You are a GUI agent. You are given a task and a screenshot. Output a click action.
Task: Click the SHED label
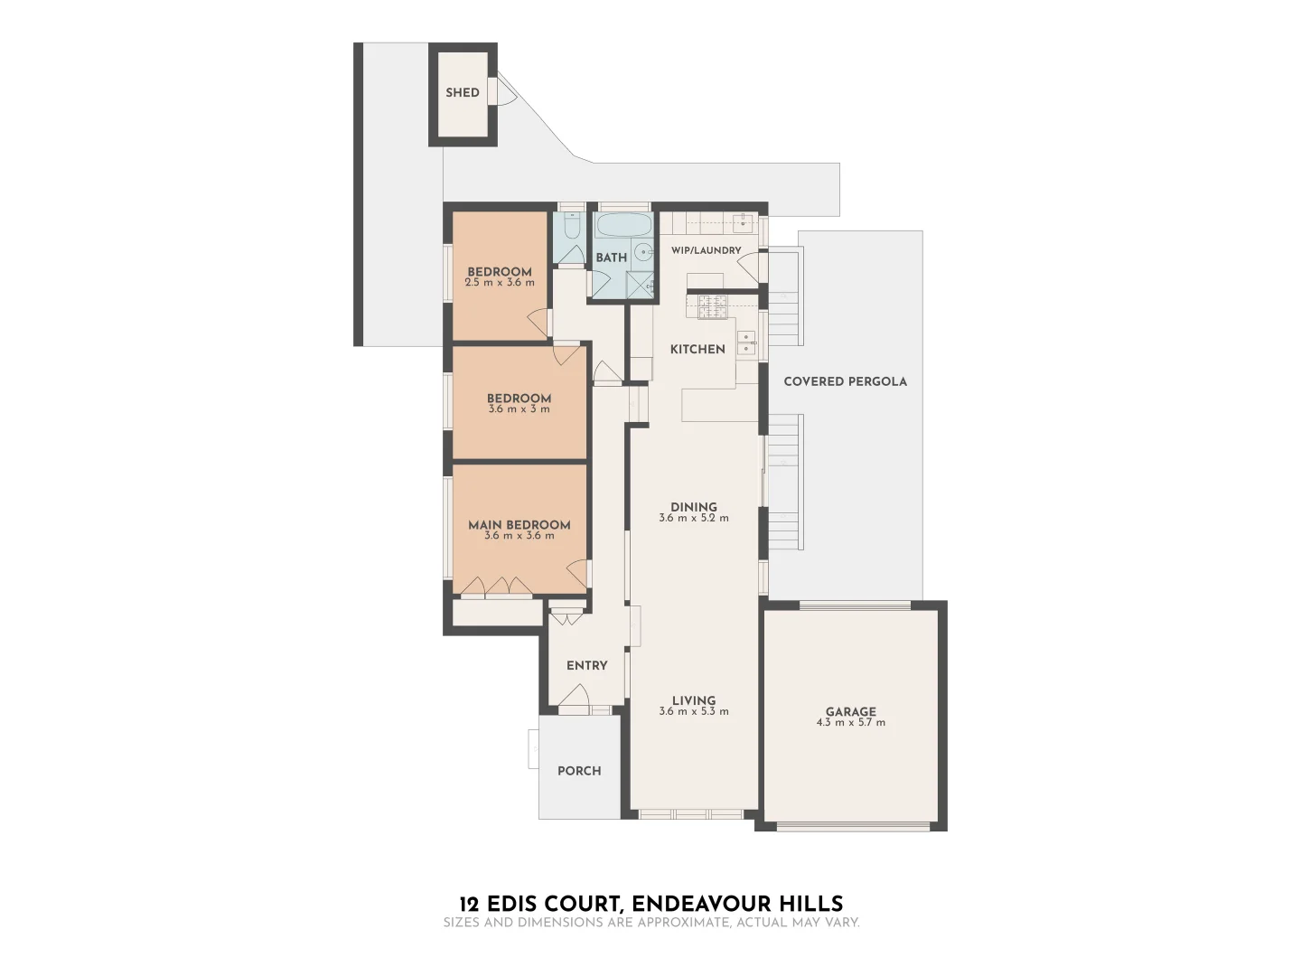point(462,92)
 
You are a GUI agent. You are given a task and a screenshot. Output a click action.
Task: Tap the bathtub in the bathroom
point(622,226)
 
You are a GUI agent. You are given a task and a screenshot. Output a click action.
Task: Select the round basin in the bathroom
point(643,252)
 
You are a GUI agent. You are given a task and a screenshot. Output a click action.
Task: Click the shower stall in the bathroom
point(641,284)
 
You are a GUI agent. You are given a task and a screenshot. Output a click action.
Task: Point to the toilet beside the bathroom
point(570,226)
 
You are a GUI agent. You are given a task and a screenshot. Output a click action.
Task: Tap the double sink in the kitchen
point(746,342)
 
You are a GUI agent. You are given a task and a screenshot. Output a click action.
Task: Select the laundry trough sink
point(743,222)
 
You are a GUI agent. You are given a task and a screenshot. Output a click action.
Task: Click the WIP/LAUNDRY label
point(706,250)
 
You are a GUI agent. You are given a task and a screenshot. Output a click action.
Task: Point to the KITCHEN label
point(697,349)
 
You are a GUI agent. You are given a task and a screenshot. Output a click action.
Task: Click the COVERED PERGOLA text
point(845,381)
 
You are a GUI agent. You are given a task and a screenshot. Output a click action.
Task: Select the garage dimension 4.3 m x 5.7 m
point(850,723)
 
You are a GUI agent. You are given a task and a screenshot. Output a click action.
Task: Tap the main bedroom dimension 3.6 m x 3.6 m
point(519,536)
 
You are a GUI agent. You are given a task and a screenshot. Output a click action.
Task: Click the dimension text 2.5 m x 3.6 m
point(499,283)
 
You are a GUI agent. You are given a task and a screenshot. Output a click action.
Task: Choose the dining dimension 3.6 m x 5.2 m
point(693,519)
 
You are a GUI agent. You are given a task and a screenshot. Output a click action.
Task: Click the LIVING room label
point(693,700)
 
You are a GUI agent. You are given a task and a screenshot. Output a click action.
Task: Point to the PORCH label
point(579,771)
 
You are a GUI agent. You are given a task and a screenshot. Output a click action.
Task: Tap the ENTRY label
point(586,665)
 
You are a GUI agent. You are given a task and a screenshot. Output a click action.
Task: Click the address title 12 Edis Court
point(650,904)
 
